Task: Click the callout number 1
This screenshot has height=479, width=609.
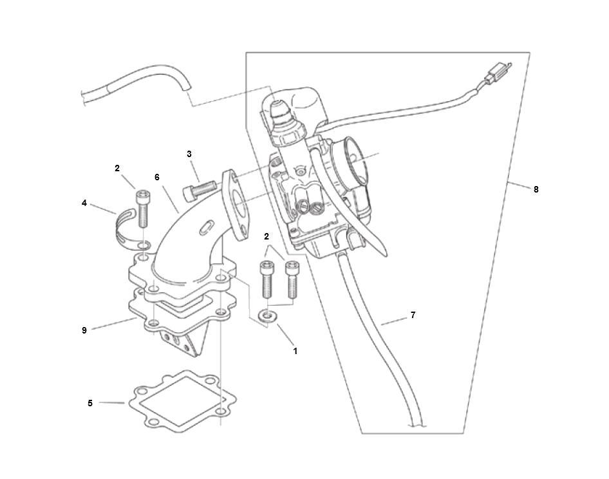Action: point(295,351)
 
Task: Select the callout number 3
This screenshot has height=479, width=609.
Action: point(189,154)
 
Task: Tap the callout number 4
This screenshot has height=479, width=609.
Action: point(84,203)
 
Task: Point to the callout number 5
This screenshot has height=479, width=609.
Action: point(90,403)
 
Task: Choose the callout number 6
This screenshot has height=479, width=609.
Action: point(157,177)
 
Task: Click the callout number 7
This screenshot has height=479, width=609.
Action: point(413,315)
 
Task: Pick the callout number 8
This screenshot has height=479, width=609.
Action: point(536,189)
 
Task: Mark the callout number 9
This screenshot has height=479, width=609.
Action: point(84,330)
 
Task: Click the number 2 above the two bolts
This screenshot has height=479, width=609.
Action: point(267,236)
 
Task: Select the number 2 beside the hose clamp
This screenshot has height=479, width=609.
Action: point(117,168)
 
